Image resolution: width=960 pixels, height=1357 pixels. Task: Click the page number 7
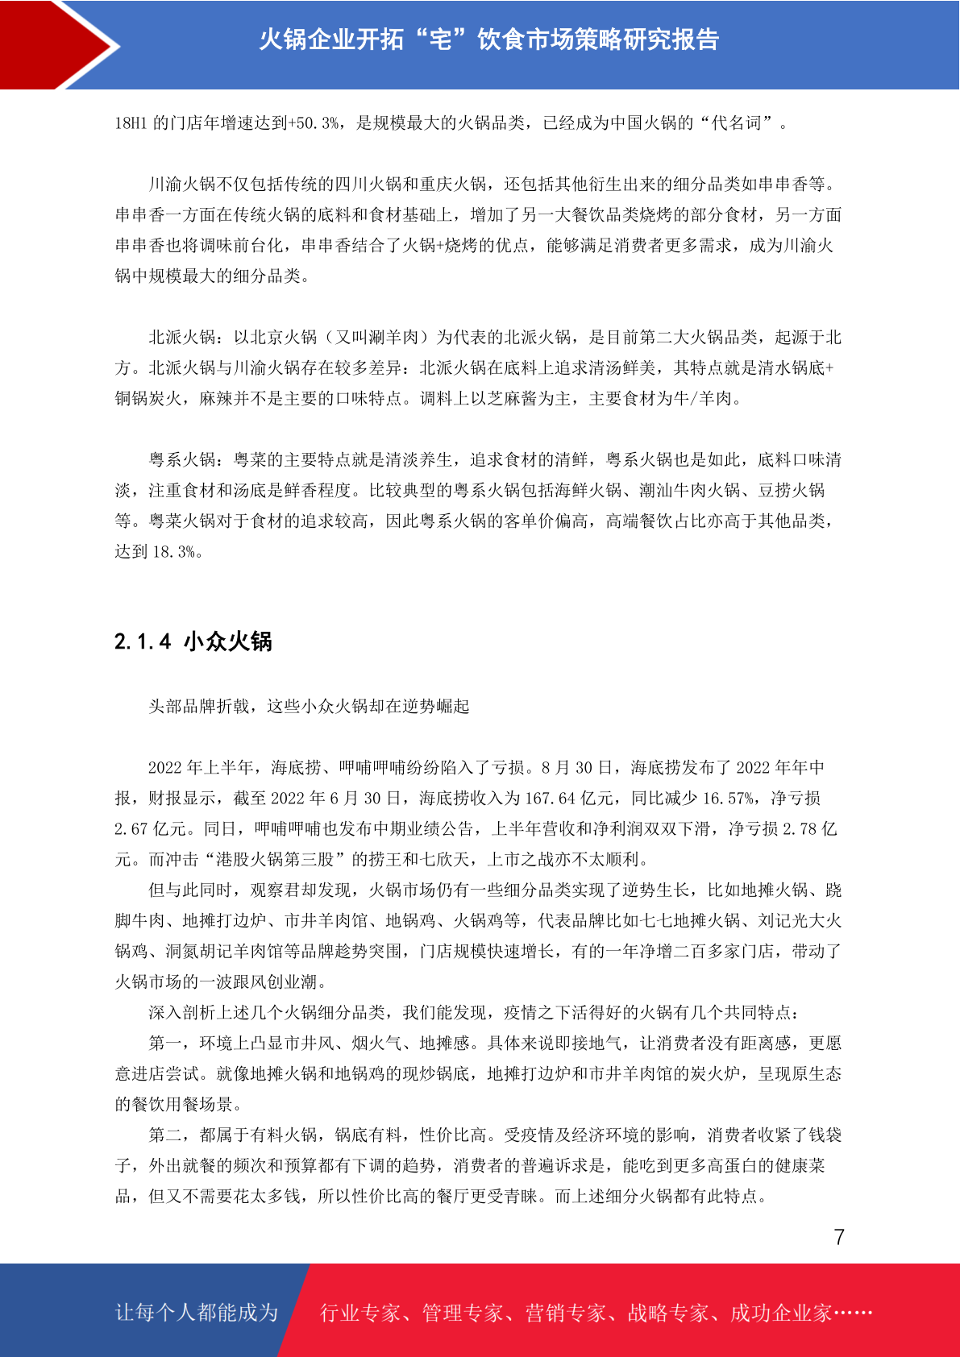[x=839, y=1237]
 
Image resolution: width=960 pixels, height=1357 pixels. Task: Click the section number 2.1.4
[x=143, y=641]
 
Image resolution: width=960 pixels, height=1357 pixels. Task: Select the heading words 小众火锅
[x=228, y=641]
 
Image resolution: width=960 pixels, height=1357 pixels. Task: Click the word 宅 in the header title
[x=440, y=39]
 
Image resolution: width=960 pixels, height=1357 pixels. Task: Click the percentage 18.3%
[x=174, y=552]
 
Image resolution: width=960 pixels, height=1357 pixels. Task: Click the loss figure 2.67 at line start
[x=132, y=829]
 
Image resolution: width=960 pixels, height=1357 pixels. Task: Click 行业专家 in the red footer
[x=360, y=1313]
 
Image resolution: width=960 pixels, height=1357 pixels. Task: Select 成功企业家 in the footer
[x=780, y=1313]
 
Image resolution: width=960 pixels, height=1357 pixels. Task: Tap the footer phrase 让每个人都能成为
[x=197, y=1313]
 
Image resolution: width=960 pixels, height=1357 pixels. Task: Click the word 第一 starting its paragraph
[x=165, y=1044]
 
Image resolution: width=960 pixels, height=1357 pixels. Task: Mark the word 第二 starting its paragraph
[x=165, y=1135]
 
